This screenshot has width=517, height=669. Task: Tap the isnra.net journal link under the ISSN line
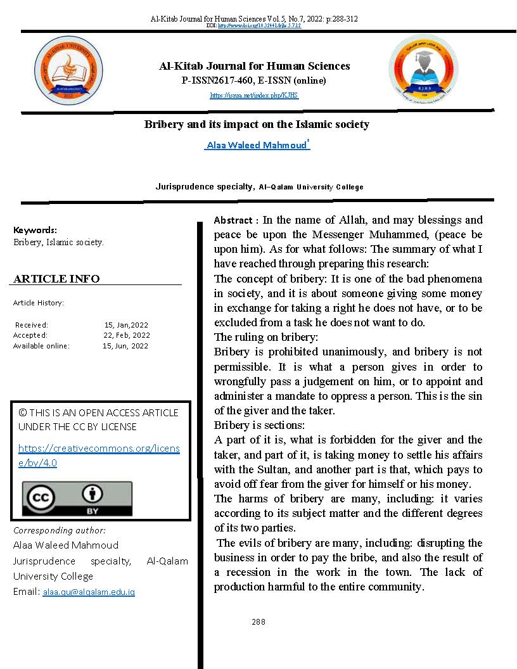254,96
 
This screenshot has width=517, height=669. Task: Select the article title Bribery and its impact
257,124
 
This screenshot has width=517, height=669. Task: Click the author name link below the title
257,146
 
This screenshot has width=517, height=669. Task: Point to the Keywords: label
35,230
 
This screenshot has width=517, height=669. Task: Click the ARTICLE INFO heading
56,279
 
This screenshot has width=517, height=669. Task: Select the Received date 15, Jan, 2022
126,325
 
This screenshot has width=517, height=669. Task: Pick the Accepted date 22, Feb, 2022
127,335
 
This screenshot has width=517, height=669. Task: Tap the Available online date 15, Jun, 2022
125,346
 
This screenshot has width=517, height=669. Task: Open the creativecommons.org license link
99,456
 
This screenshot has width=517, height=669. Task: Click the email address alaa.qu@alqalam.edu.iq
89,592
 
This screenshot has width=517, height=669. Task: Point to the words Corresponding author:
60,530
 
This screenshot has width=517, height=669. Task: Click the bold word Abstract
233,220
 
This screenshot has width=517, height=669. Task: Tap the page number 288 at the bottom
258,621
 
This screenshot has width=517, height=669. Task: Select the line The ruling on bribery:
266,337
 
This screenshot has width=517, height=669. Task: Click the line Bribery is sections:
259,425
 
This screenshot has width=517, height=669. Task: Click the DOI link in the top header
258,26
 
